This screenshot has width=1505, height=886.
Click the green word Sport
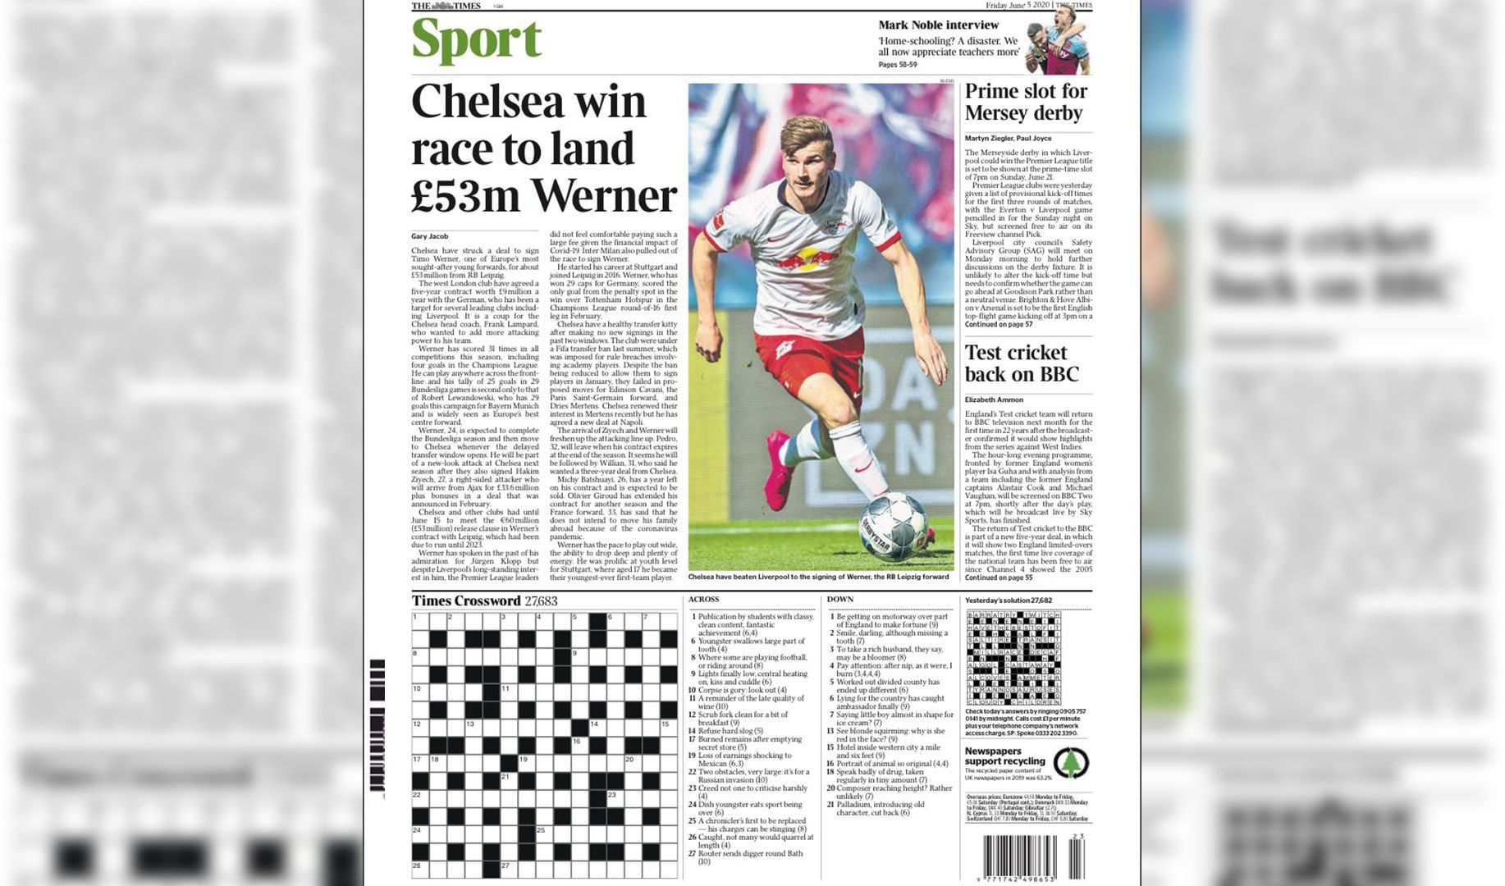click(x=476, y=40)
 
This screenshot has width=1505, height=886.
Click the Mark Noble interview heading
click(x=938, y=25)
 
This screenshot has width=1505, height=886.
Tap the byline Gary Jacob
click(x=429, y=236)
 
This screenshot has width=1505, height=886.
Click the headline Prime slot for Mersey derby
click(x=1025, y=103)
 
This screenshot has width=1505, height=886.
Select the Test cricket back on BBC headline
click(x=1021, y=363)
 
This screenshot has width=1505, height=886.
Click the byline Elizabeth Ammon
click(x=993, y=400)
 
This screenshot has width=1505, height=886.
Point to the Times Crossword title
click(x=466, y=601)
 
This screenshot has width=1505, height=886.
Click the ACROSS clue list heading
click(x=703, y=600)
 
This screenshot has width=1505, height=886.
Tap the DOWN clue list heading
click(x=839, y=600)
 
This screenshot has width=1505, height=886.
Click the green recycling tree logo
click(x=1070, y=763)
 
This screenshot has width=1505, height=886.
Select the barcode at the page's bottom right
click(x=1033, y=857)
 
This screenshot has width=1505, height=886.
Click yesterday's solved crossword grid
click(x=1013, y=658)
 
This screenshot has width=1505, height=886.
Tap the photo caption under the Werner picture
click(x=818, y=577)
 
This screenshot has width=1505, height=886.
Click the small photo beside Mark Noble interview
click(x=1059, y=39)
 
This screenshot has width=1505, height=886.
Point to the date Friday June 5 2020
click(x=1018, y=6)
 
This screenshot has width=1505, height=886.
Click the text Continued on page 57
click(x=999, y=325)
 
